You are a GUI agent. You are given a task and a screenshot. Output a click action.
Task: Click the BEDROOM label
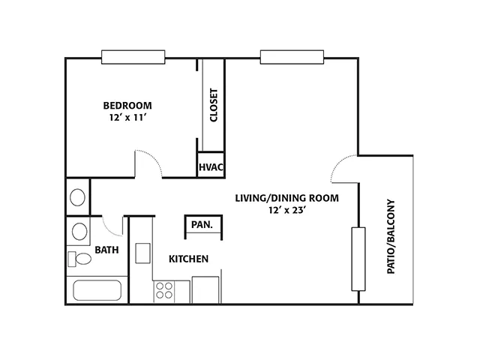pyautogui.click(x=127, y=106)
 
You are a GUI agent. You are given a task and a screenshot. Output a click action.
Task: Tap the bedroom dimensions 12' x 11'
pyautogui.click(x=127, y=118)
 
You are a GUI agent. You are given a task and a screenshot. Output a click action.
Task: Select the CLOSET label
pyautogui.click(x=214, y=105)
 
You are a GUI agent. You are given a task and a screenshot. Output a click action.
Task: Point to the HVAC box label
pyautogui.click(x=211, y=167)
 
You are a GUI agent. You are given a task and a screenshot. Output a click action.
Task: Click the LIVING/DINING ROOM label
pyautogui.click(x=286, y=198)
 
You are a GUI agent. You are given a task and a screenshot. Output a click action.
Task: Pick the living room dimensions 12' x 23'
pyautogui.click(x=287, y=210)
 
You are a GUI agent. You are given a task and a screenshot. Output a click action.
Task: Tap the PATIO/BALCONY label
pyautogui.click(x=391, y=237)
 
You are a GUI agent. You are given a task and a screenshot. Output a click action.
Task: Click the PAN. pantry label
pyautogui.click(x=202, y=225)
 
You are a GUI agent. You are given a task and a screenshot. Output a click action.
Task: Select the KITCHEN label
pyautogui.click(x=188, y=259)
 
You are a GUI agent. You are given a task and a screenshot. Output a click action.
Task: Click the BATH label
pyautogui.click(x=106, y=250)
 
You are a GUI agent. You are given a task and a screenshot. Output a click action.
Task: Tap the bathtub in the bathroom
pyautogui.click(x=97, y=290)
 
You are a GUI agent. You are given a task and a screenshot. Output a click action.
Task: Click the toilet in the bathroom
pyautogui.click(x=79, y=259)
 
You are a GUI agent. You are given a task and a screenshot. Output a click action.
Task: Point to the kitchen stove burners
pyautogui.click(x=164, y=290)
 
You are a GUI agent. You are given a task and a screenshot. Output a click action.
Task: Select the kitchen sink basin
pyautogui.click(x=142, y=253)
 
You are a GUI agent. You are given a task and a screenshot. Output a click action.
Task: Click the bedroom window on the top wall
pyautogui.click(x=133, y=57)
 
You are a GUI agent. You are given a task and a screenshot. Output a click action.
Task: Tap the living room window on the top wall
pyautogui.click(x=292, y=57)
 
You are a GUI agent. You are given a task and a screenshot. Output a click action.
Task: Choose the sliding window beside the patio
pyautogui.click(x=358, y=259)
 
